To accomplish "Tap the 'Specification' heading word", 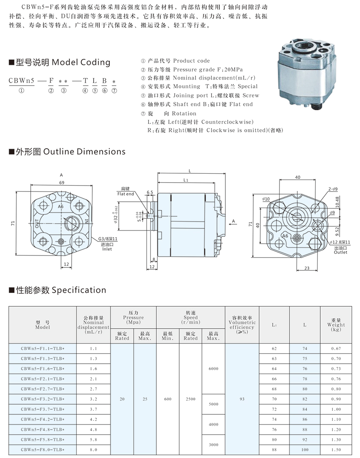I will coord(78,290).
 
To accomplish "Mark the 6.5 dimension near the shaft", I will coord(150,192).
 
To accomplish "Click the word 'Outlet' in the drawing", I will coord(340,252).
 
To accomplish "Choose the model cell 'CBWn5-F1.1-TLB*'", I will coord(42,348).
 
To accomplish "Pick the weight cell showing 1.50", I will coord(336,450).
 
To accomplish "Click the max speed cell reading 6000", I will coord(213,369).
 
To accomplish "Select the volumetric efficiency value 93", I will coord(242,399).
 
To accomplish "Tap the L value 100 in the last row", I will coord(305,450).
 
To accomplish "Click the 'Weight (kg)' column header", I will coord(336,325).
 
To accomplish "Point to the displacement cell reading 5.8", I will coord(94,440).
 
